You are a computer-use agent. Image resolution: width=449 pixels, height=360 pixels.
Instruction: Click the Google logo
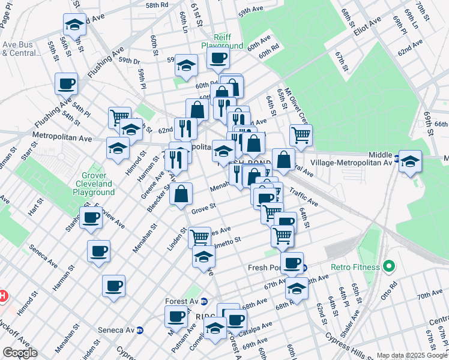click(19, 353)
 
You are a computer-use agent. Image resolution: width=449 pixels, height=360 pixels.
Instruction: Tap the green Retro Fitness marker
click(389, 266)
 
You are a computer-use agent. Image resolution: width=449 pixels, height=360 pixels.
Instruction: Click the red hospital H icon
click(2, 296)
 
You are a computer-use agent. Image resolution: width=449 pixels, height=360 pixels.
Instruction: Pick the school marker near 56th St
click(74, 26)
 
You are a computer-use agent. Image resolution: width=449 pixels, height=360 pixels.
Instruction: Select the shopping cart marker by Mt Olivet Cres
click(301, 134)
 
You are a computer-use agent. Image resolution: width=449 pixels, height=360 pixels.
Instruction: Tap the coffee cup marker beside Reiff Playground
click(218, 58)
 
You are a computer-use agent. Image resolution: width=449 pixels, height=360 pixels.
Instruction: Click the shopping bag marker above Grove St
click(181, 193)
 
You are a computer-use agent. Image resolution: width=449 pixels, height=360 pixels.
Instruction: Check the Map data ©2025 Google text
click(412, 355)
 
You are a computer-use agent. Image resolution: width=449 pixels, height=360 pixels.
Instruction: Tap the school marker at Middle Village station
click(410, 161)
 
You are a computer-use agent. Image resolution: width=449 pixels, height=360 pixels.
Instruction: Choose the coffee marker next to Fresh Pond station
click(292, 262)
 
